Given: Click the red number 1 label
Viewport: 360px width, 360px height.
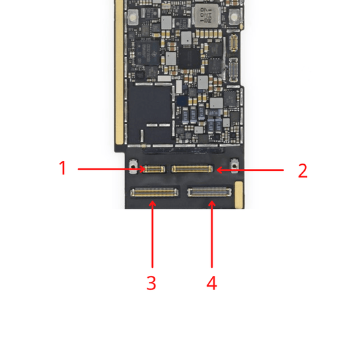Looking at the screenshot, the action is point(63,168).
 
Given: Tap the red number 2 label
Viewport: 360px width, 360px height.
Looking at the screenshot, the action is point(303,171).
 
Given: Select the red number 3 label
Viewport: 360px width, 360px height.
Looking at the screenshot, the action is point(151,283).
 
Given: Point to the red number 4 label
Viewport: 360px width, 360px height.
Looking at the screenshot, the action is point(212,283).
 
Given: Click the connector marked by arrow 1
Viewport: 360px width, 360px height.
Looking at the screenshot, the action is point(153,169).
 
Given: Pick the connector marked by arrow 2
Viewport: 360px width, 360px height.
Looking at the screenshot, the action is point(192,169).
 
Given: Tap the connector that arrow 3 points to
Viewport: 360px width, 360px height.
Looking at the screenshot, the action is point(154,192).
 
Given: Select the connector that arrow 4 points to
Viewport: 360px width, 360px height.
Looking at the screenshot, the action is point(209,192).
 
